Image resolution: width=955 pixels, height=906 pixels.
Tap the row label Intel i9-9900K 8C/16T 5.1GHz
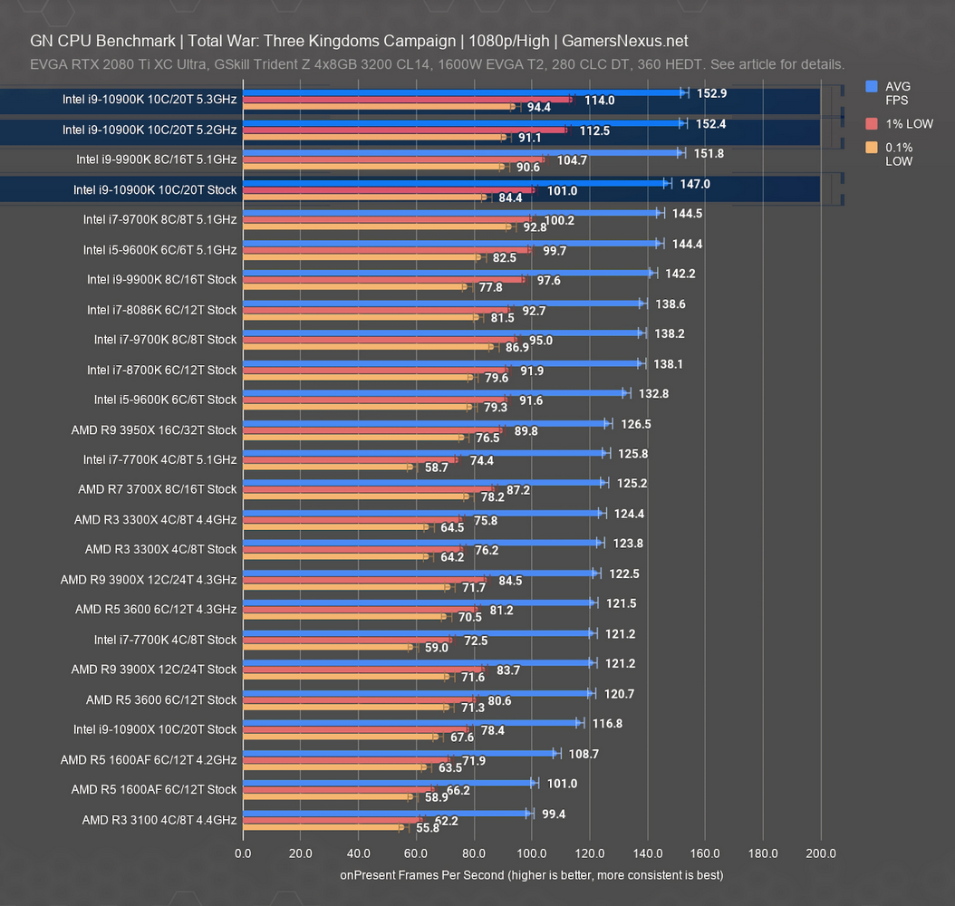point(157,159)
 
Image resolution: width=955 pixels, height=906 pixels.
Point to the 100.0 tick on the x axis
point(531,853)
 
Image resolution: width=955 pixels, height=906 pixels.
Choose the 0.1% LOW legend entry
point(899,154)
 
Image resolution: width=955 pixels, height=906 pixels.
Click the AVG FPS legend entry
point(899,93)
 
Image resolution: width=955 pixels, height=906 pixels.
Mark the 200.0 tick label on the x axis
point(820,853)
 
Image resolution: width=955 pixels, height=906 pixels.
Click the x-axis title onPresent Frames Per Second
point(531,875)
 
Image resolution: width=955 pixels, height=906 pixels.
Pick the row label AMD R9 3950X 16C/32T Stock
point(154,429)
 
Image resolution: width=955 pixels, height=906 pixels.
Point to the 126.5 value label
point(634,423)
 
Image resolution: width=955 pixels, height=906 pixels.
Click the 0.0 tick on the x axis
point(243,853)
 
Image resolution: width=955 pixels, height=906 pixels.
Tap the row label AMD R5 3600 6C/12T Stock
point(161,699)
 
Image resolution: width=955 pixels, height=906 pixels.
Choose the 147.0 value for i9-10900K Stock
point(695,183)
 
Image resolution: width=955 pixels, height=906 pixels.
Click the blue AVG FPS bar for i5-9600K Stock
point(433,393)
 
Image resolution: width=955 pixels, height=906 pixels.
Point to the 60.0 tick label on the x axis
point(416,853)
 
